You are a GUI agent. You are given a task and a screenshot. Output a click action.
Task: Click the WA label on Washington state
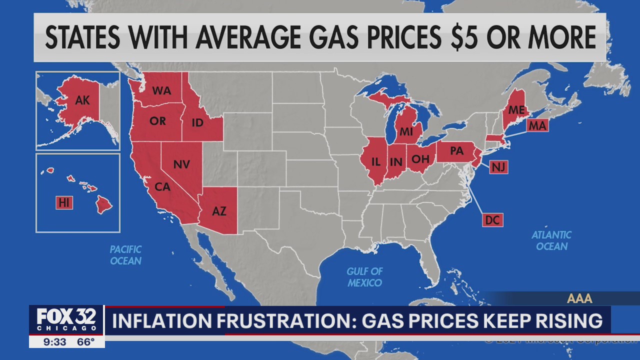tap(161, 91)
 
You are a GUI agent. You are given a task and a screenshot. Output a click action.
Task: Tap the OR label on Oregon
tap(157, 121)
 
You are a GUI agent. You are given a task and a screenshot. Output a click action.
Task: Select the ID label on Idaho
tap(197, 122)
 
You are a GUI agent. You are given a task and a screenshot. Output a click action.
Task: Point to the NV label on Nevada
tap(181, 164)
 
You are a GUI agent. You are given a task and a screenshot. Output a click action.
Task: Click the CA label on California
tap(162, 187)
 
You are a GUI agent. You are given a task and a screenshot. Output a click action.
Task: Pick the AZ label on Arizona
tap(219, 211)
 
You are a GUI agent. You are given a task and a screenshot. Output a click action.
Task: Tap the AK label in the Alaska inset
tap(82, 100)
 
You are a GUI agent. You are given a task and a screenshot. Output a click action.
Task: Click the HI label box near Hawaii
tap(64, 202)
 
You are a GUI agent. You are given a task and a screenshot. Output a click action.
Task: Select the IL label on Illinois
tap(376, 161)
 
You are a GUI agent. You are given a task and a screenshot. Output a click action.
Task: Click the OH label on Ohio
tap(419, 159)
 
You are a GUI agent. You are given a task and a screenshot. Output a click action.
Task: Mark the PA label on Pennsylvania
tap(456, 150)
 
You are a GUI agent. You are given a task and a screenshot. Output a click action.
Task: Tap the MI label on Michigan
tap(405, 132)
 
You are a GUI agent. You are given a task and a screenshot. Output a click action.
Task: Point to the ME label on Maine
tap(516, 109)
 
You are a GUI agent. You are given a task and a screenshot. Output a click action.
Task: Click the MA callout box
tap(537, 126)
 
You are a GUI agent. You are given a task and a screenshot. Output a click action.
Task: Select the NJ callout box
tap(498, 167)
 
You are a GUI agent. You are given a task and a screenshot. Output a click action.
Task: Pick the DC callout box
tap(492, 219)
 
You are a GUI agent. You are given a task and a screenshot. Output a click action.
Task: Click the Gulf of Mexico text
tap(364, 277)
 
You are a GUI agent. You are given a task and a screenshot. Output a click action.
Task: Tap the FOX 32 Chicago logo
tap(67, 320)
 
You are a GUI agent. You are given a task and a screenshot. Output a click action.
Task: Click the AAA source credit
tap(579, 298)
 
